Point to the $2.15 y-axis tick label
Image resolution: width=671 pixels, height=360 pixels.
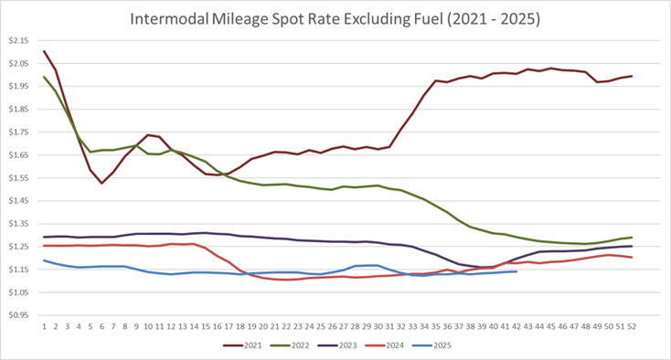[19, 40]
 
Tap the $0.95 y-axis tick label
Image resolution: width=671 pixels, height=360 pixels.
[19, 314]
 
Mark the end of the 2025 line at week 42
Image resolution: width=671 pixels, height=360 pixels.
[517, 271]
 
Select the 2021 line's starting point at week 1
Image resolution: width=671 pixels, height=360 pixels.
[45, 51]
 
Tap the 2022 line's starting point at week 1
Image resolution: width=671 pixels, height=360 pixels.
[45, 77]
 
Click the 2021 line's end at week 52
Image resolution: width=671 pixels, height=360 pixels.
[632, 76]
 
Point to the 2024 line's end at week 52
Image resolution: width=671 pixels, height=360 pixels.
[632, 258]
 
